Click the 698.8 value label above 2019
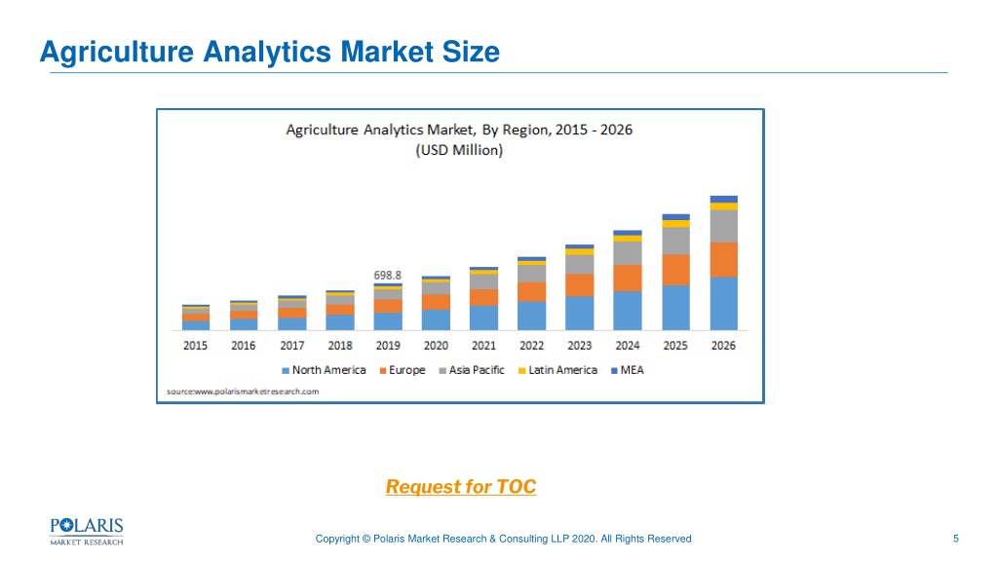pyautogui.click(x=387, y=276)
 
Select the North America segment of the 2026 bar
pyautogui.click(x=724, y=304)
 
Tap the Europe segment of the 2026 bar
pyautogui.click(x=724, y=259)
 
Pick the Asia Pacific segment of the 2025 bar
pyautogui.click(x=676, y=242)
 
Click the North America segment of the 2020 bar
pyautogui.click(x=436, y=319)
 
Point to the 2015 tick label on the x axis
pyautogui.click(x=195, y=346)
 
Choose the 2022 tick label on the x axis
pyautogui.click(x=531, y=346)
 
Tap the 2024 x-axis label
pyautogui.click(x=628, y=346)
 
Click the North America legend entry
pyautogui.click(x=324, y=370)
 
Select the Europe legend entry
pyautogui.click(x=403, y=370)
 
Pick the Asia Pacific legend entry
pyautogui.click(x=472, y=370)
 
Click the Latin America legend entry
pyautogui.click(x=558, y=370)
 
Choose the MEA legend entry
pyautogui.click(x=628, y=370)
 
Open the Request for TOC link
pyautogui.click(x=461, y=487)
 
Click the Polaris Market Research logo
pyautogui.click(x=87, y=532)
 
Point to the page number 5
pyautogui.click(x=955, y=539)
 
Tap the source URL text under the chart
pyautogui.click(x=243, y=392)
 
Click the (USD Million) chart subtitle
pyautogui.click(x=459, y=150)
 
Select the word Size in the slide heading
pyautogui.click(x=471, y=52)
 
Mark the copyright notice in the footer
pyautogui.click(x=504, y=539)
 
